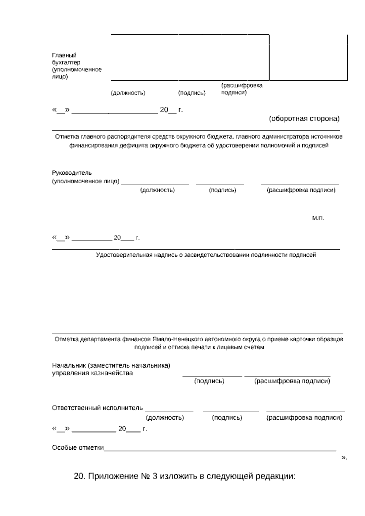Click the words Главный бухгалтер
[x=66, y=59]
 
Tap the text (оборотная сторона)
[x=304, y=119]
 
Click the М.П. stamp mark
[x=318, y=218]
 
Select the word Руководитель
[x=72, y=173]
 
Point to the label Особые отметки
[x=78, y=448]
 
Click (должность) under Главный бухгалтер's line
[x=128, y=93]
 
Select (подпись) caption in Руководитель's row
[x=222, y=190]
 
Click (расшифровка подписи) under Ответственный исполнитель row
[x=304, y=418]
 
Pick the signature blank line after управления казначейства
[x=212, y=376]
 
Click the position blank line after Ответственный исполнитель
[x=169, y=411]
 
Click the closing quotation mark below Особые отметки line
[x=344, y=457]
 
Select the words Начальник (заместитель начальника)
[x=111, y=365]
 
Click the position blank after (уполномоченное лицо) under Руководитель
[x=155, y=184]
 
